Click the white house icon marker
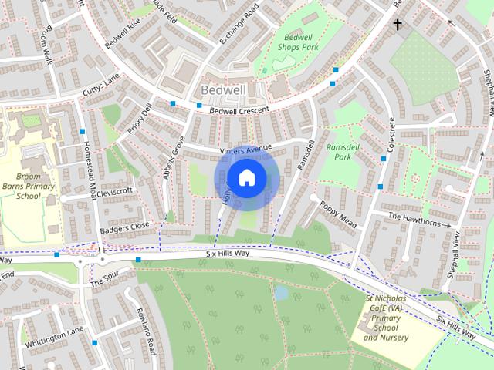tap(246, 178)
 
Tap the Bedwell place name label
tap(223, 90)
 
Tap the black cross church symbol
tap(398, 25)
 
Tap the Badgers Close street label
tap(124, 228)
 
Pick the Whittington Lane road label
tap(52, 337)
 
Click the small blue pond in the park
tap(282, 293)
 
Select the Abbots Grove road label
tap(173, 157)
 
